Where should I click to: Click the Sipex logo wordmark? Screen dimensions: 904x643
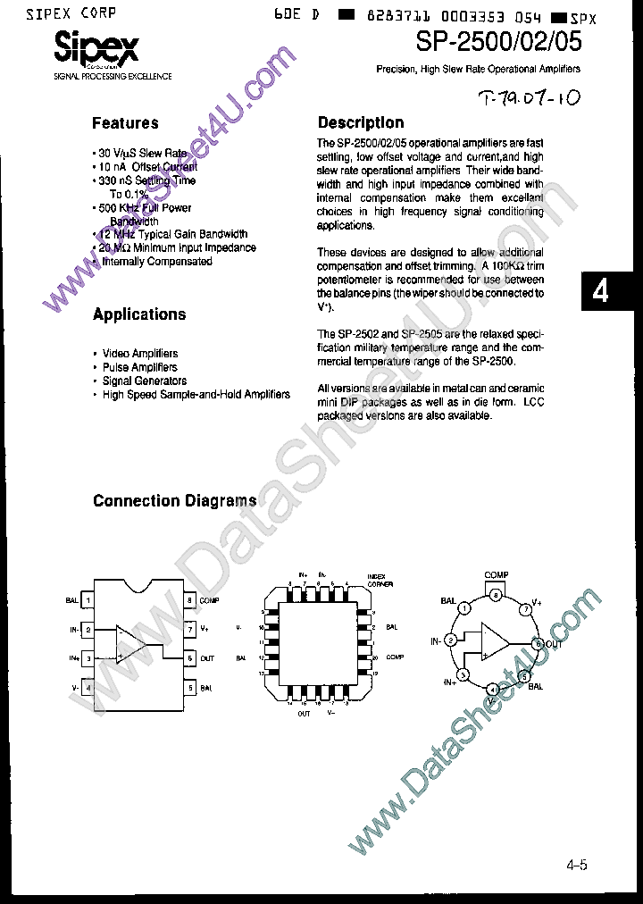[x=96, y=48]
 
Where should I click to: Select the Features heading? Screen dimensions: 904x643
[x=126, y=123]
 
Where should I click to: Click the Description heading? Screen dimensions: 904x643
[x=361, y=123]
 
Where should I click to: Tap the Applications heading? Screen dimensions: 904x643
[x=139, y=314]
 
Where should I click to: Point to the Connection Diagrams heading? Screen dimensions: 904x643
[x=175, y=501]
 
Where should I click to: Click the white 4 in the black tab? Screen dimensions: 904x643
[x=601, y=291]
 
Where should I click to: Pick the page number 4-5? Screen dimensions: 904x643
[x=577, y=865]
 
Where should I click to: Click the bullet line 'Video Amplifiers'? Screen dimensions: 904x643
[x=139, y=354]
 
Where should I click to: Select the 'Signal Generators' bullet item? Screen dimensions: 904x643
[x=144, y=381]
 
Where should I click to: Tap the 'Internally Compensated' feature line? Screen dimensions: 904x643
[x=156, y=262]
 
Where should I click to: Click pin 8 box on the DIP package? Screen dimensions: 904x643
[x=190, y=601]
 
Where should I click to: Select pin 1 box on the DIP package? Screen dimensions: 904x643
[x=88, y=601]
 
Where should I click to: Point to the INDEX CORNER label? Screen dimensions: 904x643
[x=380, y=580]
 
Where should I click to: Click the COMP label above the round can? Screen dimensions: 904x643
[x=497, y=575]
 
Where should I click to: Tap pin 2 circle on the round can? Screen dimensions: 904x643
[x=452, y=640]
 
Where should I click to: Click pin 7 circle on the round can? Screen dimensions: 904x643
[x=527, y=608]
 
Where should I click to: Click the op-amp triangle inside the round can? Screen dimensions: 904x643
[x=494, y=640]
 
